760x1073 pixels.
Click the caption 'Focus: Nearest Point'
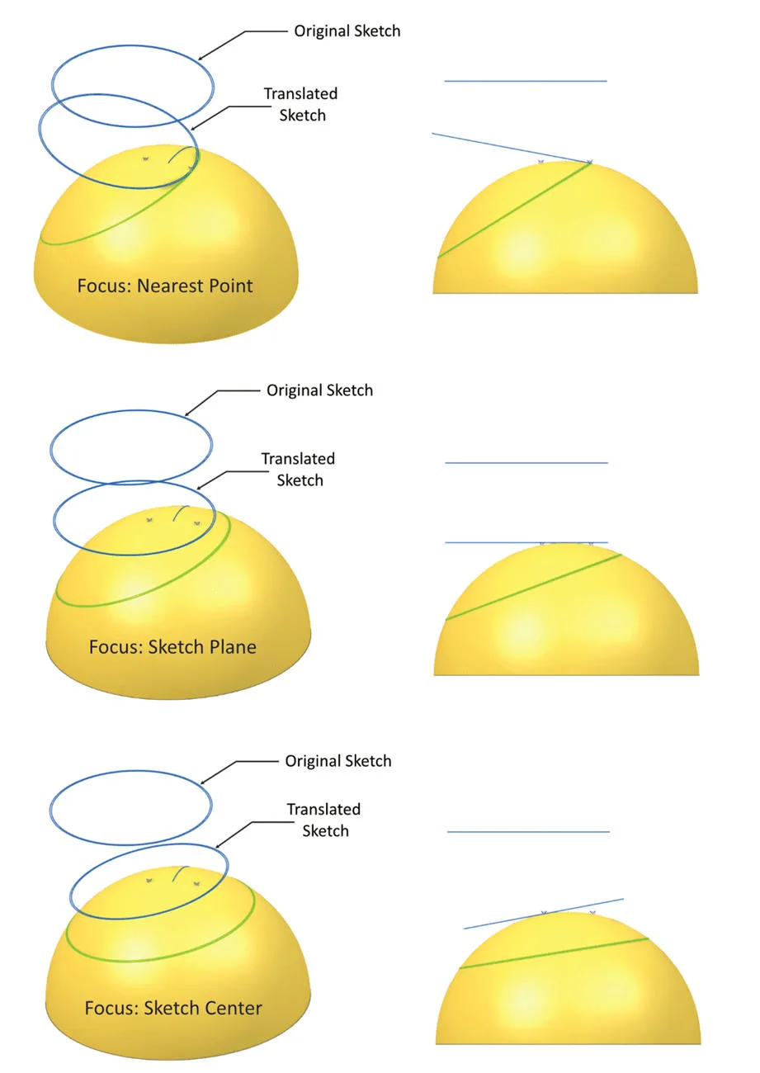pyautogui.click(x=165, y=286)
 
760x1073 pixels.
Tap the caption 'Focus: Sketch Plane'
pyautogui.click(x=172, y=646)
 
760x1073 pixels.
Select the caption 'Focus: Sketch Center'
pyautogui.click(x=173, y=1008)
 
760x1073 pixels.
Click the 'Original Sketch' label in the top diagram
pyautogui.click(x=347, y=31)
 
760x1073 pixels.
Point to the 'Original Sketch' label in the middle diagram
pyautogui.click(x=320, y=390)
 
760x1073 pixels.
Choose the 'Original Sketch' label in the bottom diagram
pyautogui.click(x=338, y=761)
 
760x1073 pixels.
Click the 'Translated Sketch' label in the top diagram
pyautogui.click(x=300, y=105)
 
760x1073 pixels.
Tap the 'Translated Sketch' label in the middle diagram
pyautogui.click(x=299, y=470)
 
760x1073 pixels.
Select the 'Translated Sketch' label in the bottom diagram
pyautogui.click(x=323, y=820)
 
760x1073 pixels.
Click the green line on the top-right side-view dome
pyautogui.click(x=514, y=210)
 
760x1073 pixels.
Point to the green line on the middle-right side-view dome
pyautogui.click(x=533, y=588)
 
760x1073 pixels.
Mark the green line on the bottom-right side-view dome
pyautogui.click(x=554, y=953)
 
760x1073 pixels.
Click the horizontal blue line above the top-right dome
pyautogui.click(x=526, y=81)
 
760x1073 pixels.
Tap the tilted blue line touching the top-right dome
pyautogui.click(x=512, y=149)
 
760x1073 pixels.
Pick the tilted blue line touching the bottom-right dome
pyautogui.click(x=544, y=914)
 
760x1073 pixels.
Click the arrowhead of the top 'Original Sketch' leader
pyautogui.click(x=201, y=58)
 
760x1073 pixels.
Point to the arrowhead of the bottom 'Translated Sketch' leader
pyautogui.click(x=219, y=846)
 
